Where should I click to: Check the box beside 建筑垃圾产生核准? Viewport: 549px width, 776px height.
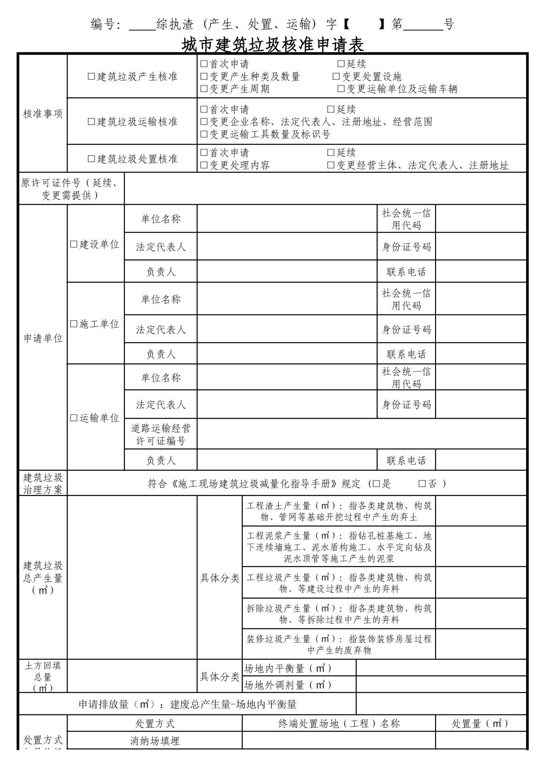pyautogui.click(x=91, y=76)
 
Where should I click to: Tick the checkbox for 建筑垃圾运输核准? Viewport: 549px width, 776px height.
pyautogui.click(x=91, y=121)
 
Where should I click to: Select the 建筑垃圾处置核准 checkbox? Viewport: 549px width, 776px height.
pyautogui.click(x=91, y=159)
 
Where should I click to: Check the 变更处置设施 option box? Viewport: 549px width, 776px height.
pyautogui.click(x=336, y=76)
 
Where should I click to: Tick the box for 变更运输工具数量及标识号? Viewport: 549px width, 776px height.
pyautogui.click(x=204, y=134)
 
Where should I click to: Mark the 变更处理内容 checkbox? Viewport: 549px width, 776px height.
pyautogui.click(x=204, y=165)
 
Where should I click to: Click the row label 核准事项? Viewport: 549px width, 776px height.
pyautogui.click(x=43, y=114)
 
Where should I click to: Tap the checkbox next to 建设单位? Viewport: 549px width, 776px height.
pyautogui.click(x=74, y=244)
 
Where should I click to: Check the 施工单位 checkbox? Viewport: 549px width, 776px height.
pyautogui.click(x=74, y=324)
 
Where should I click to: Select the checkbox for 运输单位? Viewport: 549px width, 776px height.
pyautogui.click(x=74, y=418)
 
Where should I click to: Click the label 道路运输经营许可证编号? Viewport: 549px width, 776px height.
pyautogui.click(x=160, y=434)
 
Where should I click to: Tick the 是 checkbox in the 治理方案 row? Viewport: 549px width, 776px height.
pyautogui.click(x=376, y=484)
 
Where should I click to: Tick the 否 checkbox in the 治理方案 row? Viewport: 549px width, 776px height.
pyautogui.click(x=422, y=484)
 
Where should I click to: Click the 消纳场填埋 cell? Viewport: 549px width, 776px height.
pyautogui.click(x=155, y=741)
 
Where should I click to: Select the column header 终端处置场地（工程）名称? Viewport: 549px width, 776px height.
pyautogui.click(x=339, y=724)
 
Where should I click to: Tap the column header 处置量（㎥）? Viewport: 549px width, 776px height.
pyautogui.click(x=480, y=724)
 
